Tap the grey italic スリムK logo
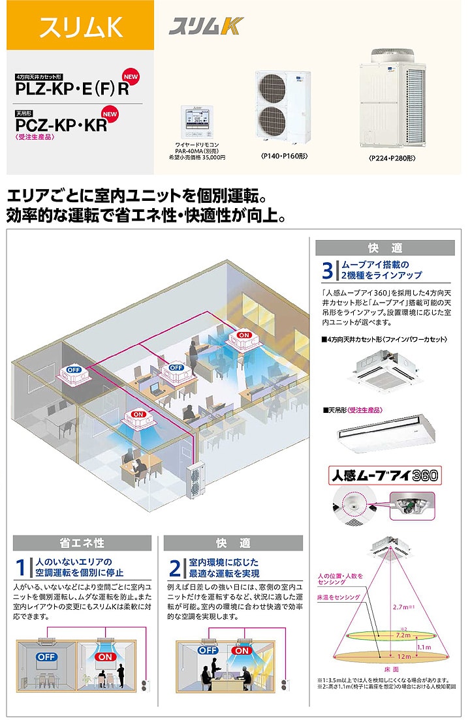pyautogui.click(x=206, y=26)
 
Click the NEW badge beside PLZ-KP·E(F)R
pyautogui.click(x=131, y=77)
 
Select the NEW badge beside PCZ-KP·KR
pyautogui.click(x=110, y=114)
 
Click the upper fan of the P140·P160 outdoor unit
pyautogui.click(x=272, y=87)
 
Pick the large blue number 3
pyautogui.click(x=327, y=271)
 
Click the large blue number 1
pyautogui.click(x=20, y=567)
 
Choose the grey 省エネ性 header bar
pyautogui.click(x=82, y=543)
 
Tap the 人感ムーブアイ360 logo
pyautogui.click(x=385, y=475)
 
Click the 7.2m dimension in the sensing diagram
pyautogui.click(x=403, y=635)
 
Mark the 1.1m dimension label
pyautogui.click(x=424, y=647)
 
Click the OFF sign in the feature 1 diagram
pyautogui.click(x=46, y=657)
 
